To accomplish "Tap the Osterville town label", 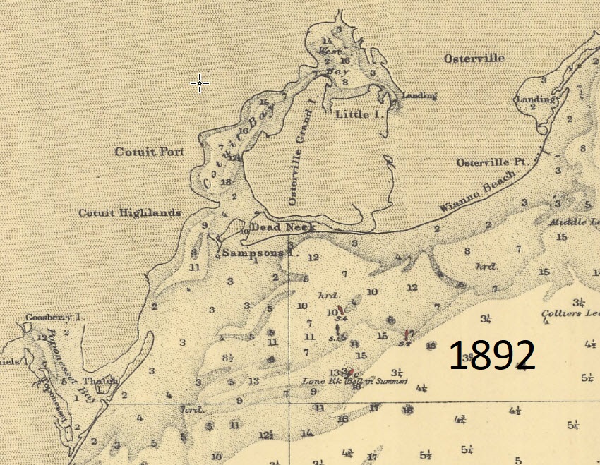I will (474, 59).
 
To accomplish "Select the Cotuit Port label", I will (149, 152).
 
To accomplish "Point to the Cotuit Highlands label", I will (130, 212).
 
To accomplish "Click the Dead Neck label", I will (283, 227).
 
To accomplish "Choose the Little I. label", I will (359, 114).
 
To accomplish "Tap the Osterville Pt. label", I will (492, 162).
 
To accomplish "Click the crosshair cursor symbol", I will (200, 83).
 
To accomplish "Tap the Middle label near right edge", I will (575, 222).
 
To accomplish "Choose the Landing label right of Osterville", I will (536, 99).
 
